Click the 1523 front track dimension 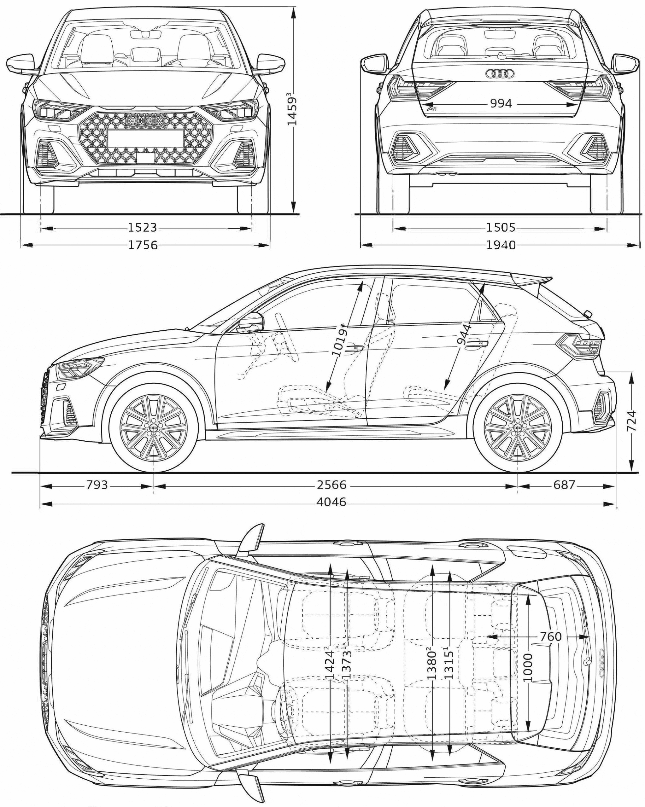[142, 228]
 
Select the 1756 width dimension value [143, 245]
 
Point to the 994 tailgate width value [501, 104]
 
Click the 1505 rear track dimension [501, 228]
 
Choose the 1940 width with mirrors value [501, 245]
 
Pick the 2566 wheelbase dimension [332, 485]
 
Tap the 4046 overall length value [332, 502]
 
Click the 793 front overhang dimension [97, 485]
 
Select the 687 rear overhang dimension [564, 485]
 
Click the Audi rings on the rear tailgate [499, 74]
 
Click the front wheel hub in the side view [154, 428]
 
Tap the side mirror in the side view [250, 322]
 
